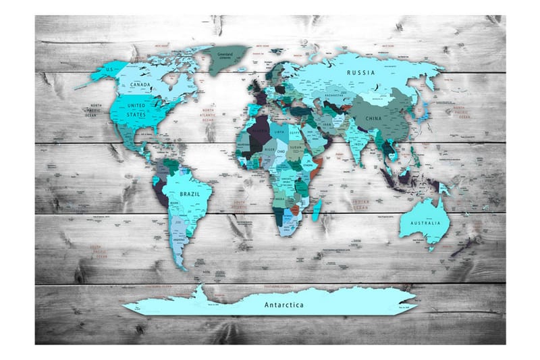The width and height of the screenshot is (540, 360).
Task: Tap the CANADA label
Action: click(140, 85)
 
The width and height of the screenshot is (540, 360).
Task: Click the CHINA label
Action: click(373, 118)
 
